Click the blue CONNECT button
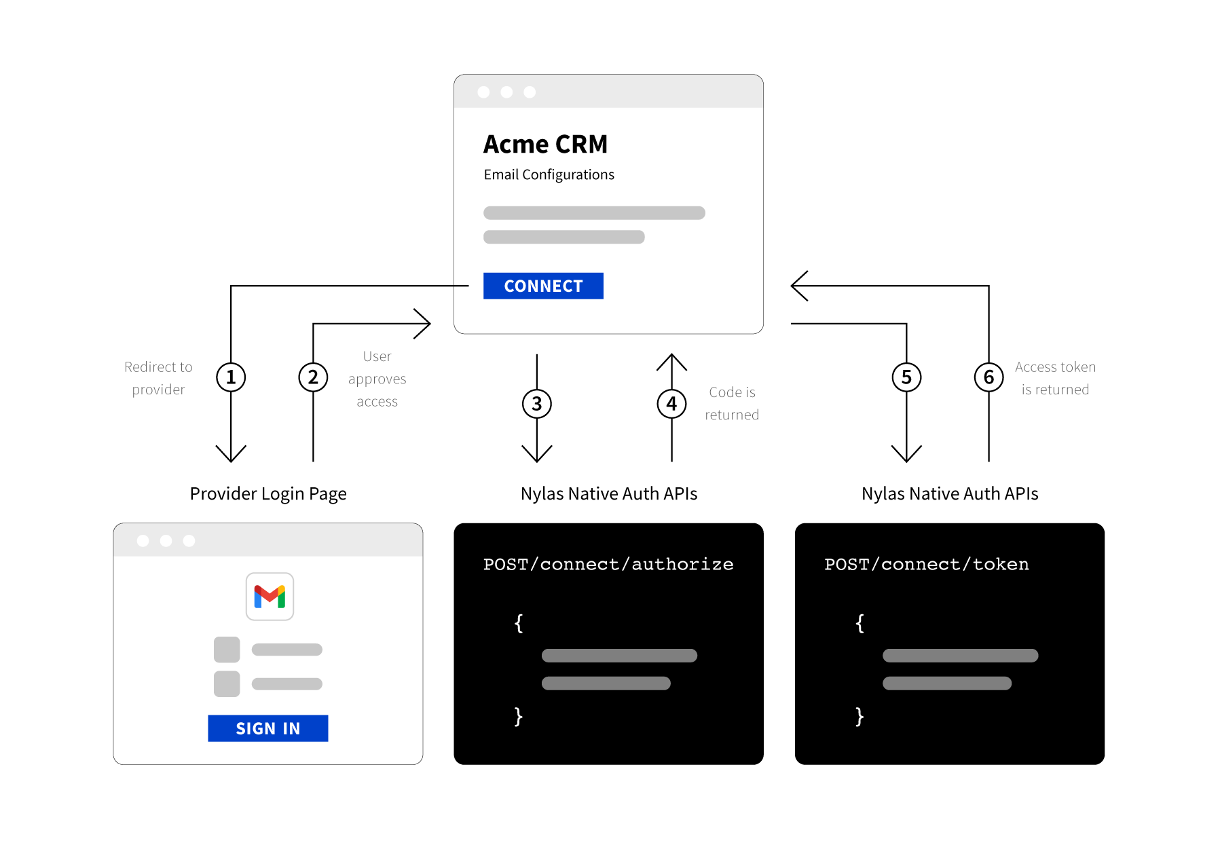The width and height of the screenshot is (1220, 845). point(543,286)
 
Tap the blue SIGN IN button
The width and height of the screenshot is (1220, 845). point(267,728)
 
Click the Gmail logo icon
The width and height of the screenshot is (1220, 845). point(270,597)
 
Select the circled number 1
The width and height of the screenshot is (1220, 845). point(231,377)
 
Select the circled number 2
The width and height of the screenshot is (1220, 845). point(313,377)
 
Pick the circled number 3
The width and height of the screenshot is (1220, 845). point(536,404)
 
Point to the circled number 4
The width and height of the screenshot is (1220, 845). point(671,404)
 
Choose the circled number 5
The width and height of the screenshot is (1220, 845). point(906,377)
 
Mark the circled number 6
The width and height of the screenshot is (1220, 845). point(988,377)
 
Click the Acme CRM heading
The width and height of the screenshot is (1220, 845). point(545,145)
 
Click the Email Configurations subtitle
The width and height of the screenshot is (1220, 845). point(549,175)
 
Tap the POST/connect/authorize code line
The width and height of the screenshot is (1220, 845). point(608,564)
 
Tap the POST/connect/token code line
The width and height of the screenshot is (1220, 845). point(926,564)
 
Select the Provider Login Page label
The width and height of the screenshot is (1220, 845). point(268,493)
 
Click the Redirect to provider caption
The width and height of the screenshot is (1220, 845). point(158,378)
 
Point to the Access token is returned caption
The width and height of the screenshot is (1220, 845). point(1055,378)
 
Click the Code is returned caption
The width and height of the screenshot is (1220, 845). point(732,403)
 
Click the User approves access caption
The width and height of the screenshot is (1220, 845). point(377,379)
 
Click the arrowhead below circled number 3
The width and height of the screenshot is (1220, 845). point(536,454)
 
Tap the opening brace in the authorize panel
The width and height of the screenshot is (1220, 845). point(519,623)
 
